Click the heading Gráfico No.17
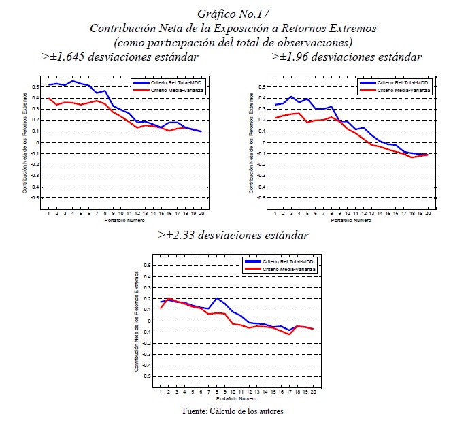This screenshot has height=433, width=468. (x=233, y=14)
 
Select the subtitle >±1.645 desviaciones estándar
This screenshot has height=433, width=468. (x=120, y=57)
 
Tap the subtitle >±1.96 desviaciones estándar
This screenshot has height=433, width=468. (x=346, y=57)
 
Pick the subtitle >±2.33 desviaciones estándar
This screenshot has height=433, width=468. (x=233, y=235)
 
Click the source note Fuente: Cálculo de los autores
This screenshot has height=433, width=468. (x=233, y=411)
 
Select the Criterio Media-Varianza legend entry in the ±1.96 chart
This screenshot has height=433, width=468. (x=397, y=89)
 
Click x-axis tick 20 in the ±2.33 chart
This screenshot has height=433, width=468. (x=313, y=393)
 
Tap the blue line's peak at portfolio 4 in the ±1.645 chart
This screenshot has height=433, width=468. (x=72, y=81)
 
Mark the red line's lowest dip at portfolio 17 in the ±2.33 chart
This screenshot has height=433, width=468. (x=289, y=334)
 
